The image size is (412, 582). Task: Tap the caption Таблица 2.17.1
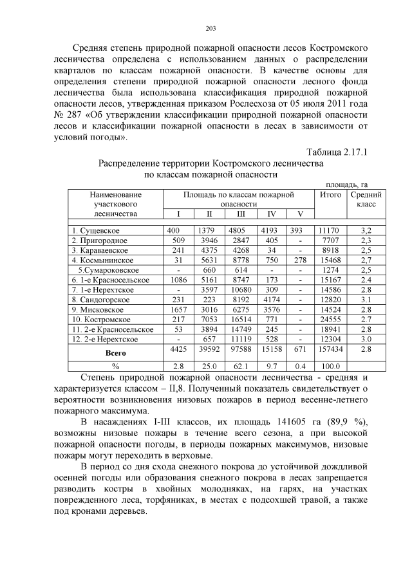pos(337,152)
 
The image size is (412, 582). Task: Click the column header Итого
pos(330,194)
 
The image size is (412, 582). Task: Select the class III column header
pos(240,213)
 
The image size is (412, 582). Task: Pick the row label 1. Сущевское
pos(96,230)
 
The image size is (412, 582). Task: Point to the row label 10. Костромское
pos(102,319)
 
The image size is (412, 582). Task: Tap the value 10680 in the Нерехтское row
pos(240,289)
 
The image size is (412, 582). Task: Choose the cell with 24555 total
pos(329,319)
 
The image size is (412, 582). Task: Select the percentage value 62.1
pos(240,367)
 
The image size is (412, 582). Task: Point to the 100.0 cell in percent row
pos(329,367)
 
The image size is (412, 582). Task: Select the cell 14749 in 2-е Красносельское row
pos(240,329)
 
